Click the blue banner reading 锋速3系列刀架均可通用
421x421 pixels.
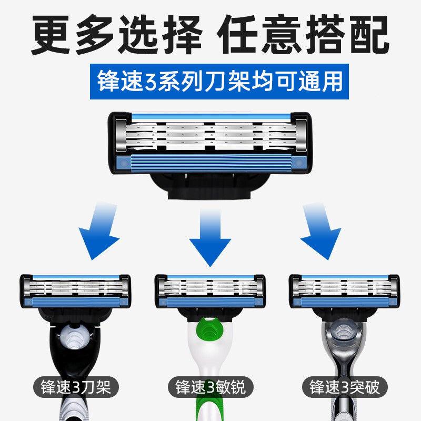click(219, 82)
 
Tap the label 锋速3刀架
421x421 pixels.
click(76, 387)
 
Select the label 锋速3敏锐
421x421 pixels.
click(210, 387)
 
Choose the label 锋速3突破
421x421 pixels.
click(345, 387)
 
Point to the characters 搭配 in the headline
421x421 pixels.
click(347, 34)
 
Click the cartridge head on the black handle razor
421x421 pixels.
click(75, 291)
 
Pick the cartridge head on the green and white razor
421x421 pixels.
click(210, 291)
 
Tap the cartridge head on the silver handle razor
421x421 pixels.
click(345, 291)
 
